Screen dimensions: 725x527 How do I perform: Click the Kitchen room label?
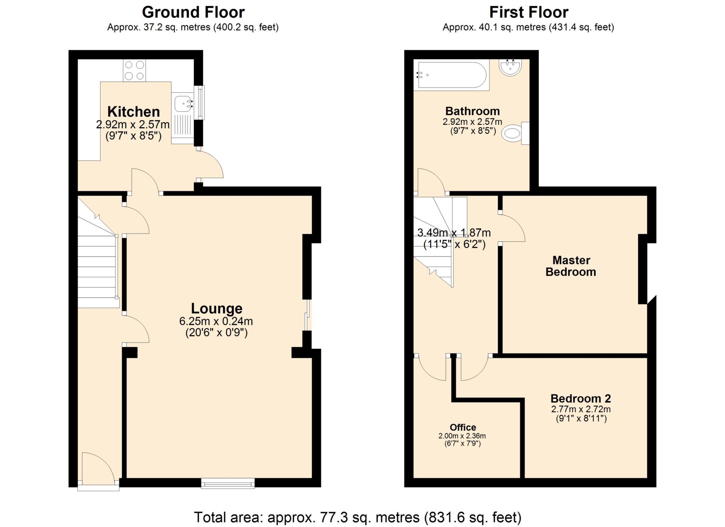pyautogui.click(x=133, y=112)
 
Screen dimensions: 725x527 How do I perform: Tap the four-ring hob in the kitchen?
pyautogui.click(x=134, y=70)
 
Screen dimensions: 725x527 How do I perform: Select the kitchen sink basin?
pyautogui.click(x=183, y=103)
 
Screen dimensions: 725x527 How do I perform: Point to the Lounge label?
pyautogui.click(x=217, y=309)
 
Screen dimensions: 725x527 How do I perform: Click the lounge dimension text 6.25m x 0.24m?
pyautogui.click(x=216, y=321)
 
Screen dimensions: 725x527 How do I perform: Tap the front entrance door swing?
pyautogui.click(x=98, y=468)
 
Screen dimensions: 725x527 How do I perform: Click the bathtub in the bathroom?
pyautogui.click(x=452, y=75)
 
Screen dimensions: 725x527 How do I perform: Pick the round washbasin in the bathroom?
pyautogui.click(x=510, y=67)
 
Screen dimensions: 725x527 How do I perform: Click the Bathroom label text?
pyautogui.click(x=472, y=111)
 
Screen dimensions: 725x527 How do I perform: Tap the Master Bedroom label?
pyautogui.click(x=571, y=266)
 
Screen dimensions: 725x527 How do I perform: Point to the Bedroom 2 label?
pyautogui.click(x=581, y=399)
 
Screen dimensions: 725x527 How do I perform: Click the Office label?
pyautogui.click(x=463, y=427)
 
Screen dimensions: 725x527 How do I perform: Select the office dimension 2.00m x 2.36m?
pyautogui.click(x=462, y=436)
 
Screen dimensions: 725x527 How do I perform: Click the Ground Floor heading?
pyautogui.click(x=193, y=12)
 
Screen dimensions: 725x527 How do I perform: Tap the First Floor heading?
pyautogui.click(x=529, y=12)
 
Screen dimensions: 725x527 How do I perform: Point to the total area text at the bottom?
pyautogui.click(x=358, y=517)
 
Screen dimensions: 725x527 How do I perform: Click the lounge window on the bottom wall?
pyautogui.click(x=228, y=483)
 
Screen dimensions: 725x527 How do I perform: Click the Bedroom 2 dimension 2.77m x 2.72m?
pyautogui.click(x=581, y=409)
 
